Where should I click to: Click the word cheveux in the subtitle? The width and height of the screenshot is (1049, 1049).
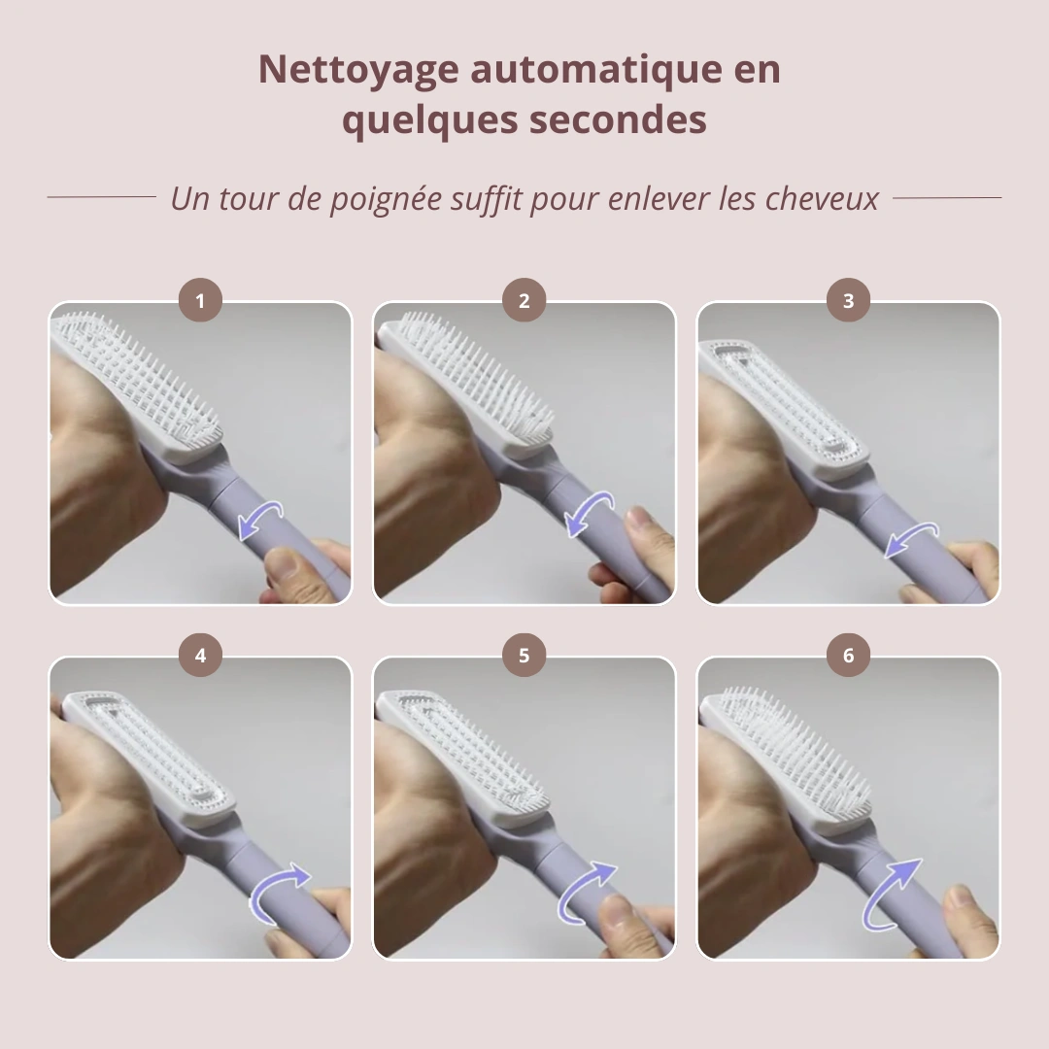(822, 198)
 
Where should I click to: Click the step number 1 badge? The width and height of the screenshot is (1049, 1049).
(200, 301)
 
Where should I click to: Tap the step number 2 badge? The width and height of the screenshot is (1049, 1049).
(524, 301)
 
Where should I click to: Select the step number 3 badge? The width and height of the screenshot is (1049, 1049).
(848, 301)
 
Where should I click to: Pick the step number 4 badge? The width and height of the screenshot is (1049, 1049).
(200, 657)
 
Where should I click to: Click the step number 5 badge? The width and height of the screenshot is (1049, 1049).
(524, 657)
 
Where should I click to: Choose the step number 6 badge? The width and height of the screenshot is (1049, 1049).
(848, 657)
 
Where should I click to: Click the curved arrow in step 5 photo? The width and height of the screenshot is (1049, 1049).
(587, 892)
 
